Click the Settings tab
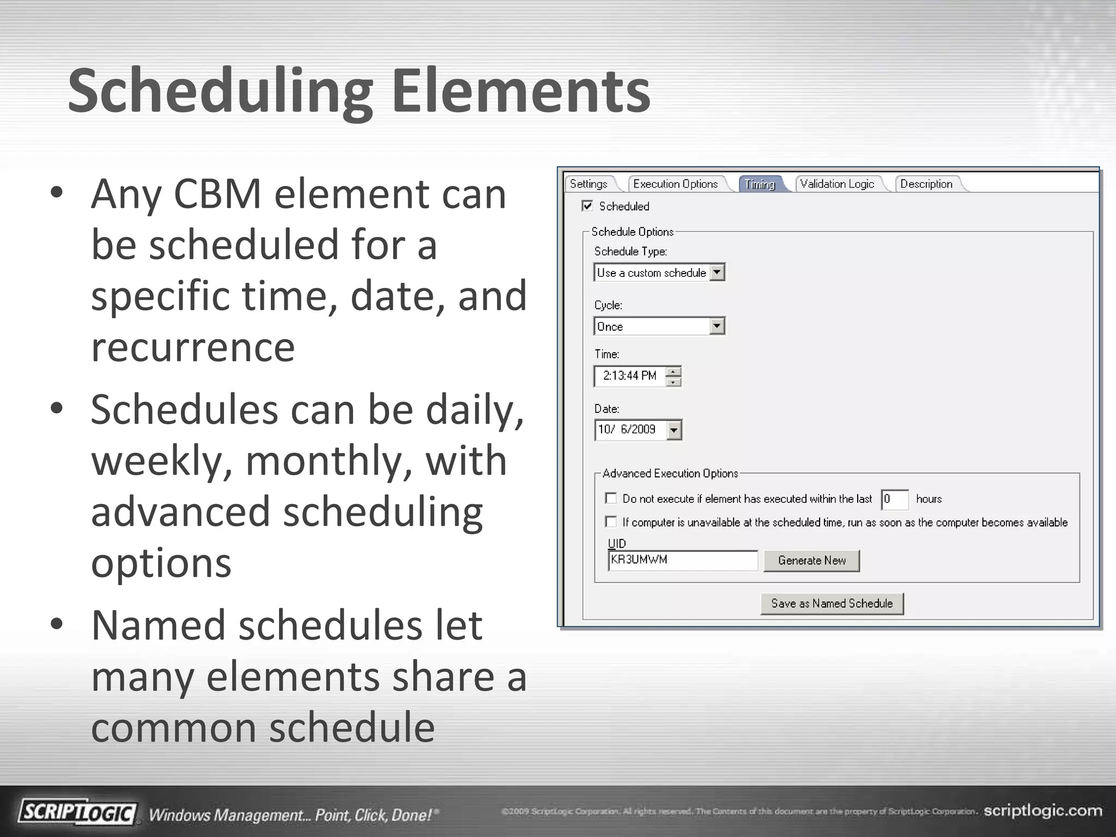[x=589, y=184]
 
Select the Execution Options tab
[x=675, y=184]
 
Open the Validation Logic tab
[x=837, y=184]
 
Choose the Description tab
[x=926, y=184]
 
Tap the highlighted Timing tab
[x=760, y=184]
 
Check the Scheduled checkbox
[x=587, y=206]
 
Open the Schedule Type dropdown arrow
[x=718, y=272]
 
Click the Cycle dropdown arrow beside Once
[x=717, y=326]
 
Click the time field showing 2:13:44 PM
[x=630, y=376]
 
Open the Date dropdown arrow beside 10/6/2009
[x=674, y=430]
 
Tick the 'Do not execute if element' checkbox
[x=611, y=499]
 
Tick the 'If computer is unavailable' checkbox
[x=611, y=522]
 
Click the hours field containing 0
[x=894, y=499]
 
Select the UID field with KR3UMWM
[x=682, y=560]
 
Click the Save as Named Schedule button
[x=832, y=604]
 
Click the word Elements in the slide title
[x=520, y=91]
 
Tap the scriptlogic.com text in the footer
[x=1042, y=811]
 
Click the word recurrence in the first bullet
[x=193, y=347]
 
